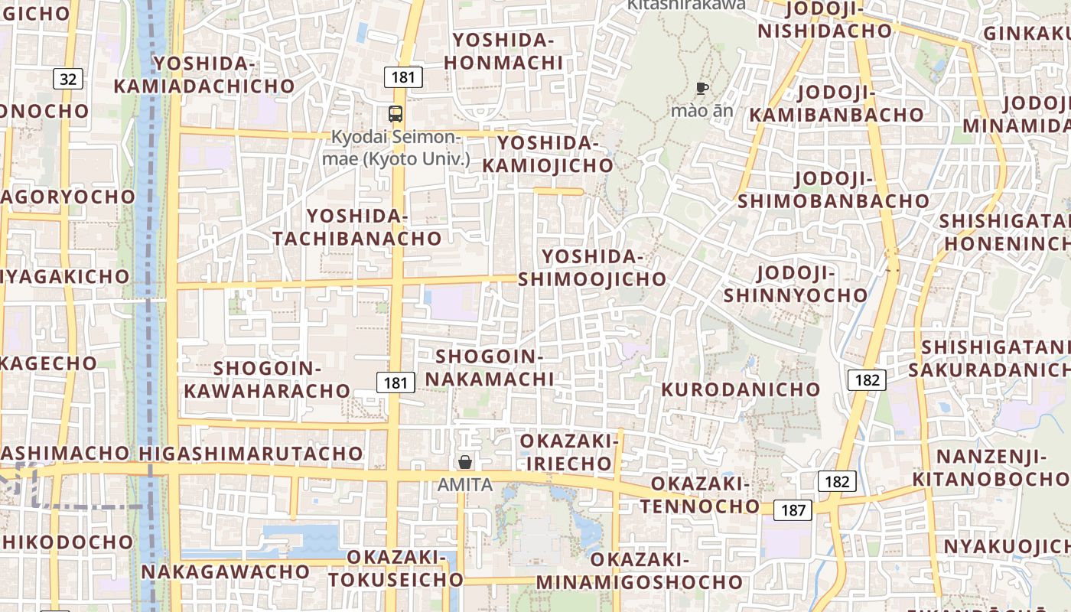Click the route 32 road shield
coord(68,78)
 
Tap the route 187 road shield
coord(793,509)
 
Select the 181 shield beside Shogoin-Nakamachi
coord(396,382)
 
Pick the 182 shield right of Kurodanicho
coord(867,379)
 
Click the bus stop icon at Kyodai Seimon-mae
coord(396,114)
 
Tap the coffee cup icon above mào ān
coord(702,89)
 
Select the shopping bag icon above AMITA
coord(464,462)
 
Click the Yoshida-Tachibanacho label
coord(357,227)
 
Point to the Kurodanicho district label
coord(741,389)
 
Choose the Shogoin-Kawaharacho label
coord(267,379)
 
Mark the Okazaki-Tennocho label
coord(700,495)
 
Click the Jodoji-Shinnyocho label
coord(796,284)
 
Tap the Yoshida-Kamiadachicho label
coord(204,74)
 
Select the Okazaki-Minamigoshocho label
coord(640,570)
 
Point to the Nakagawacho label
coord(225,571)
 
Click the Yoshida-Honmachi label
coord(503,51)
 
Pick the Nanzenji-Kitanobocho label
coord(991,468)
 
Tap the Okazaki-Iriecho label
coord(569,452)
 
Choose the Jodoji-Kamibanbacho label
coord(836,103)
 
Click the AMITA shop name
coord(465,484)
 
